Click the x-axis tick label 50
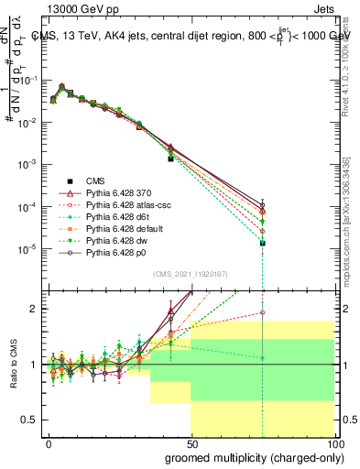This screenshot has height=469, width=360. [x=191, y=442]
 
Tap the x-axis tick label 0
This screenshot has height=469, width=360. [x=49, y=442]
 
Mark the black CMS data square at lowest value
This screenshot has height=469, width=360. [x=263, y=243]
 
